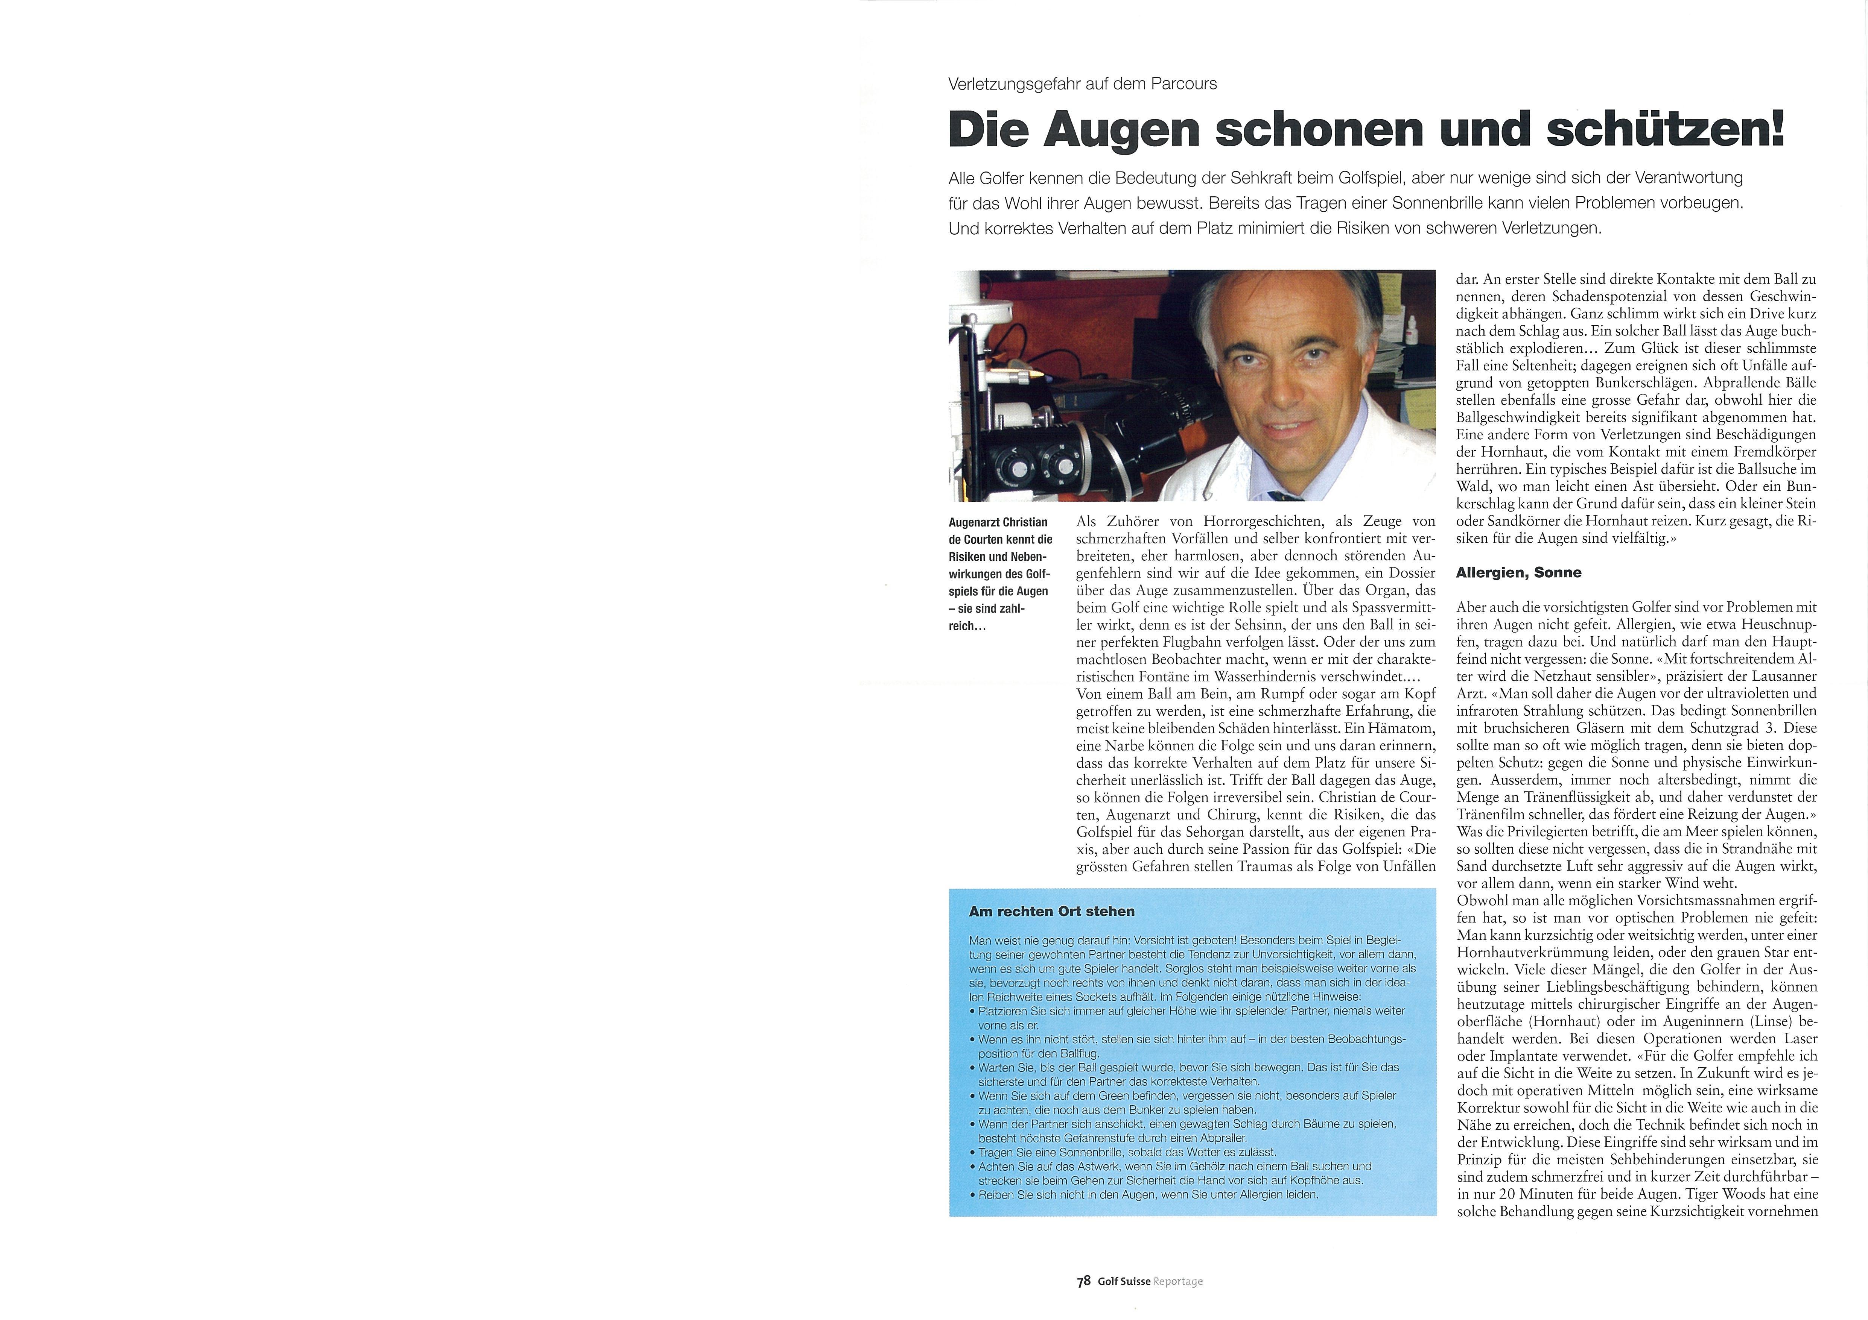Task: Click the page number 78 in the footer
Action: [1084, 1281]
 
